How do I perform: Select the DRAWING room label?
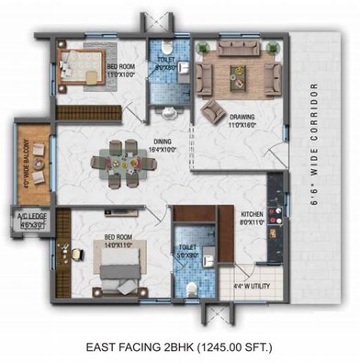(242, 117)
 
